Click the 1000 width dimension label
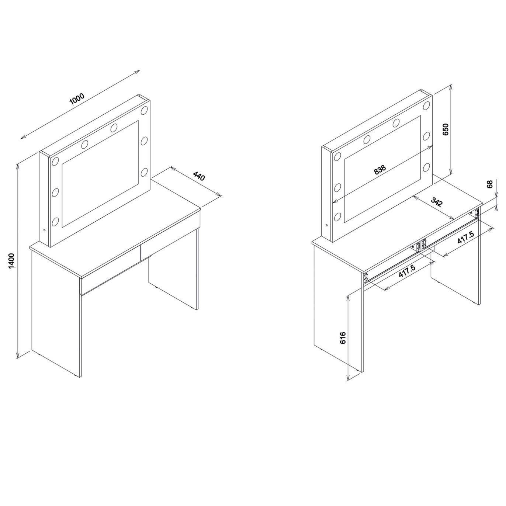(77, 99)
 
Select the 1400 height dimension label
(11, 261)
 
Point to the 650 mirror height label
(446, 129)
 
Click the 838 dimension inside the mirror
(380, 169)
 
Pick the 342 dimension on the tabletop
(437, 202)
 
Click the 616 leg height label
(343, 338)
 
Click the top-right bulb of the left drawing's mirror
(144, 110)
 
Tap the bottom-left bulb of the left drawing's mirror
(55, 222)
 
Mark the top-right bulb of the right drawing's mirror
(426, 105)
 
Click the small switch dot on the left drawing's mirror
(44, 230)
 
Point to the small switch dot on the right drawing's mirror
(327, 225)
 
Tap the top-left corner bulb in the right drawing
(337, 156)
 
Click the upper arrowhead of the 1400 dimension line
(18, 166)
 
